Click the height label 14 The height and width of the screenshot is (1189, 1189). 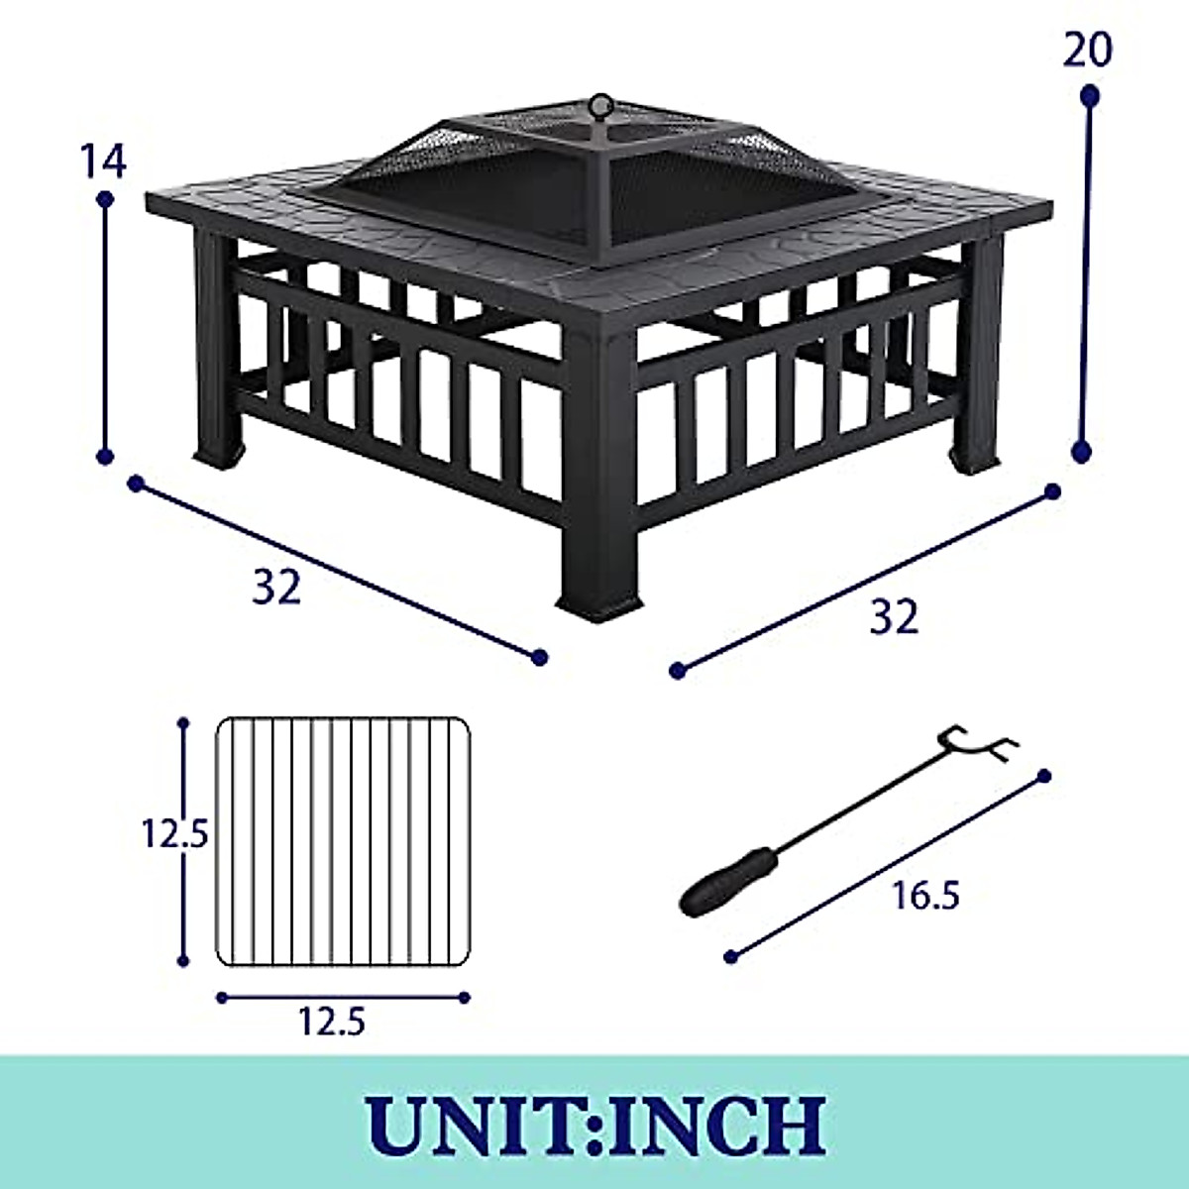104,162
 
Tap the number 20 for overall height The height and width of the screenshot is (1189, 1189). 1087,50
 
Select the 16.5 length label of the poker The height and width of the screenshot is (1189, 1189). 925,896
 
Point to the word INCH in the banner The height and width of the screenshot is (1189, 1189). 722,1123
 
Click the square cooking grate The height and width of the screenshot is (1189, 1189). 343,841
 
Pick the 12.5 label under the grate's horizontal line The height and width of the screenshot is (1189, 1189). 332,1021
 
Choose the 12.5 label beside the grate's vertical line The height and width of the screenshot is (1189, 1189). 172,835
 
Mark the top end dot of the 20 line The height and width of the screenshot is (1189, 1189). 1090,96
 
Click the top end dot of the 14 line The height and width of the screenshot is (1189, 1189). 105,200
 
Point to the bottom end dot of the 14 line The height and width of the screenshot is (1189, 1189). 105,457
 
